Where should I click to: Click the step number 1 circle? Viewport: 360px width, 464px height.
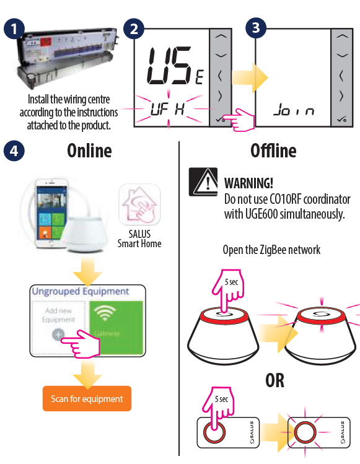pos(14,28)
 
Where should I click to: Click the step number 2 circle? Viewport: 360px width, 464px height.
pos(134,28)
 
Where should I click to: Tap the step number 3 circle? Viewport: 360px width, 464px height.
pos(256,28)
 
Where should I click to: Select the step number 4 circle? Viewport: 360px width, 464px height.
pos(14,151)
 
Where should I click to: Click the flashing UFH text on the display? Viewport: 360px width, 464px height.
pos(167,109)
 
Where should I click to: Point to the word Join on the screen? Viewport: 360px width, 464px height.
pos(294,110)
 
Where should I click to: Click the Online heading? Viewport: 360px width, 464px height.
pos(89,151)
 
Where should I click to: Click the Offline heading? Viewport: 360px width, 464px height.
pos(273,151)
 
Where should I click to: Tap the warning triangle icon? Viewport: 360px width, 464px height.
pos(203,182)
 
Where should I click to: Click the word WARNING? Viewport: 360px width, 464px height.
pos(248,183)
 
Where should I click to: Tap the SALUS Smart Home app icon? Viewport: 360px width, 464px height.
pos(139,204)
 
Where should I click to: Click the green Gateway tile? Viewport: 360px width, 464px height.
pos(116,328)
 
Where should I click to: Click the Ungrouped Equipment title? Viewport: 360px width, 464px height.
pos(81,291)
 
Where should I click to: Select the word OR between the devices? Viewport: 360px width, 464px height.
pos(274,380)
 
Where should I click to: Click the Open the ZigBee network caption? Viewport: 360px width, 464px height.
pos(271,250)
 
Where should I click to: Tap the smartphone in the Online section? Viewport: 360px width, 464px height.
pos(51,213)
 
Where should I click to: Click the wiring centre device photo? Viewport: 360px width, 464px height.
pos(67,57)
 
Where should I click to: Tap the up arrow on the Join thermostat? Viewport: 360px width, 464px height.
pos(342,37)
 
